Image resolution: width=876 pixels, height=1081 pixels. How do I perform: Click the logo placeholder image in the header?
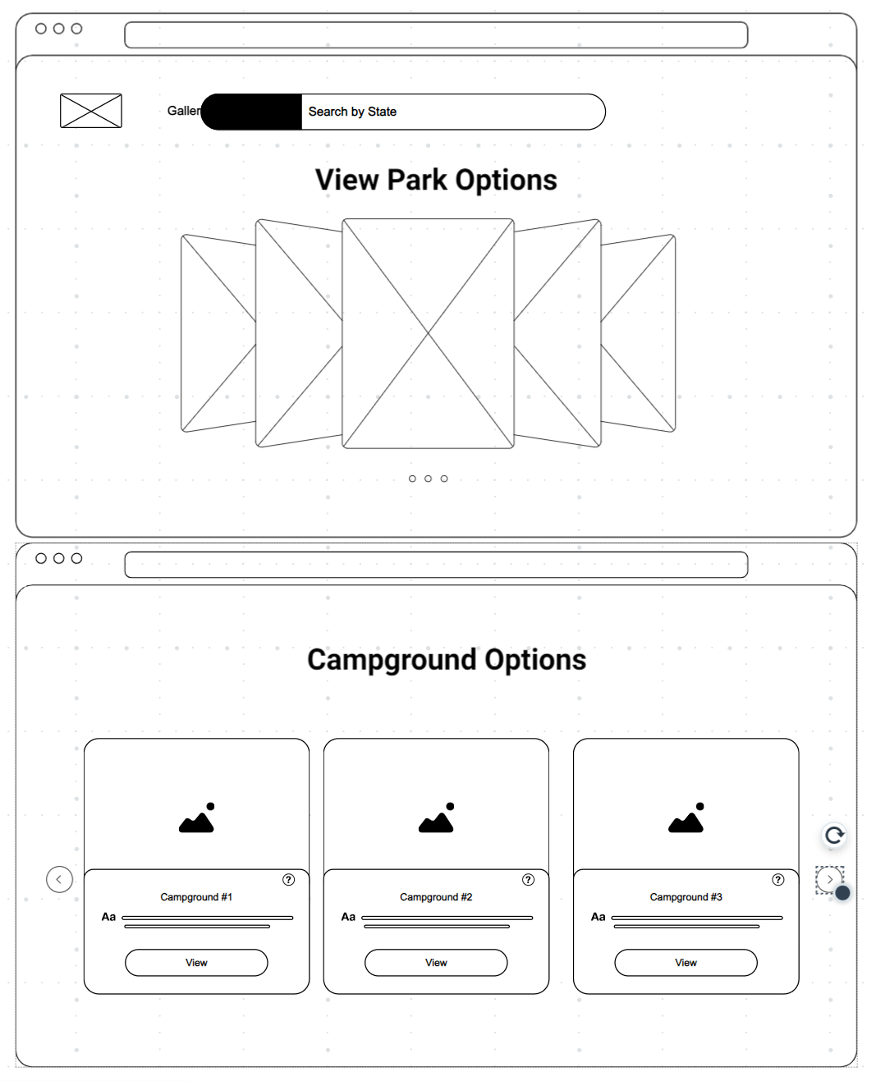pyautogui.click(x=91, y=111)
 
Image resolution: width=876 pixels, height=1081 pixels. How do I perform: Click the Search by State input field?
pyautogui.click(x=452, y=112)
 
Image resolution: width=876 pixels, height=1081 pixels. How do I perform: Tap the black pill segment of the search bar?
pyautogui.click(x=251, y=112)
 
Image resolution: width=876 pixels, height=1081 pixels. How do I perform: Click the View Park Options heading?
pyautogui.click(x=436, y=180)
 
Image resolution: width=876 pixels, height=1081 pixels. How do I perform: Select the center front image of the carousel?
pyautogui.click(x=428, y=333)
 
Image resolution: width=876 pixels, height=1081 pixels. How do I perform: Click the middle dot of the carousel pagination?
pyautogui.click(x=428, y=479)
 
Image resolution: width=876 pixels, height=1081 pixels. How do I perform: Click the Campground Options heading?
pyautogui.click(x=447, y=660)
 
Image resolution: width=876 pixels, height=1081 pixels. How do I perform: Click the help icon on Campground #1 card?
pyautogui.click(x=289, y=880)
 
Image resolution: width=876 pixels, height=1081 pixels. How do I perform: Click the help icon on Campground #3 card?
pyautogui.click(x=778, y=880)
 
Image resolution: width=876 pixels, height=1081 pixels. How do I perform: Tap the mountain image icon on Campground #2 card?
pyautogui.click(x=437, y=818)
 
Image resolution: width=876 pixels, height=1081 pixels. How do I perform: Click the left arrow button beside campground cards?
pyautogui.click(x=59, y=879)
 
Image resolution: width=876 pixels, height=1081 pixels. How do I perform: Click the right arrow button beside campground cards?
pyautogui.click(x=829, y=879)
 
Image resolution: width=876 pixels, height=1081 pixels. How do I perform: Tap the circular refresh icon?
pyautogui.click(x=834, y=836)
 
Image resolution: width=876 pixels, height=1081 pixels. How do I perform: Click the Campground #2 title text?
pyautogui.click(x=436, y=897)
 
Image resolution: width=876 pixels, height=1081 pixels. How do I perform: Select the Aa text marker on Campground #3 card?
pyautogui.click(x=598, y=917)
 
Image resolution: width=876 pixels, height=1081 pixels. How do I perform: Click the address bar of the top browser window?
pyautogui.click(x=436, y=35)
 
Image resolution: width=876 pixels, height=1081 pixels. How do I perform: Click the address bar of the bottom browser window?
pyautogui.click(x=436, y=565)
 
